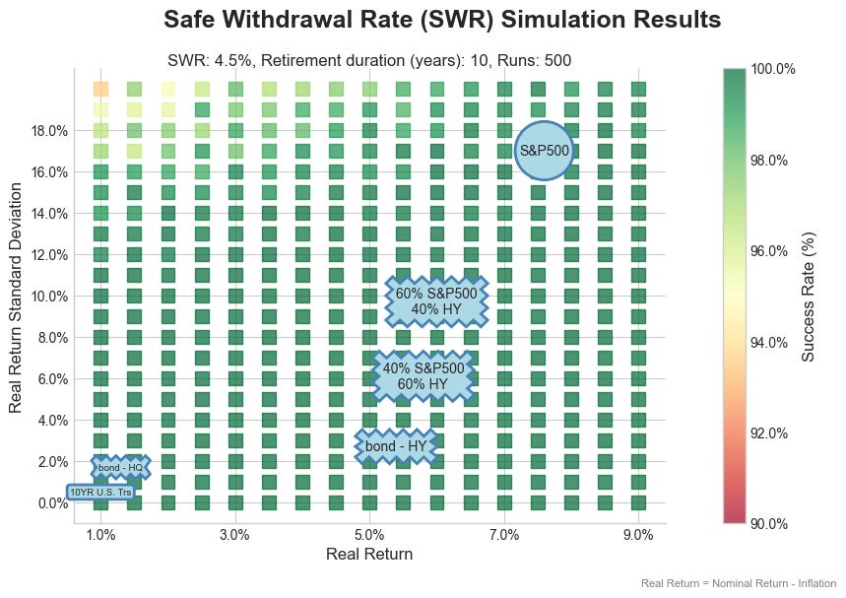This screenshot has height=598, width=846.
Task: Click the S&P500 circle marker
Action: click(x=544, y=151)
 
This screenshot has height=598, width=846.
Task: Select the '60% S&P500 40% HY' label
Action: click(x=435, y=300)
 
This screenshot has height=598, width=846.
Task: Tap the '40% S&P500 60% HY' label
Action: click(x=423, y=375)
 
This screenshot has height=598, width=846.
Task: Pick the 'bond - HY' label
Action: click(x=395, y=446)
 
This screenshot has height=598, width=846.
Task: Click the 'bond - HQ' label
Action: click(x=120, y=467)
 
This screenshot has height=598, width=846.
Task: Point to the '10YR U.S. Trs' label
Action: click(x=99, y=492)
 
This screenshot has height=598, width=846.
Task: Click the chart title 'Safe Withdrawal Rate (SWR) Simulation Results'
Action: click(x=441, y=20)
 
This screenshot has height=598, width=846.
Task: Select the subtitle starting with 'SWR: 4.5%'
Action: click(x=369, y=61)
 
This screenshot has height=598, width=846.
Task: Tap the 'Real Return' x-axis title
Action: click(x=369, y=555)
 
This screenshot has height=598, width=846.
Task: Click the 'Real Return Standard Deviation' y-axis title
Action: click(x=16, y=295)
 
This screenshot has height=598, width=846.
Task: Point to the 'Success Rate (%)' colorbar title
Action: click(x=808, y=295)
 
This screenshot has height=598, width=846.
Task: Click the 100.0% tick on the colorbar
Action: click(x=771, y=69)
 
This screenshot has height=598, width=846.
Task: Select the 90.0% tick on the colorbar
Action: click(x=771, y=524)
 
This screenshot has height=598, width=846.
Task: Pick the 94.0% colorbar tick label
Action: click(x=771, y=343)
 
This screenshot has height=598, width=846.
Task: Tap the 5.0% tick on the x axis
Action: click(x=369, y=535)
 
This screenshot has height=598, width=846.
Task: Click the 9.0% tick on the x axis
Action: click(x=638, y=535)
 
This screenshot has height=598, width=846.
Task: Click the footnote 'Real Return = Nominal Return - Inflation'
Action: click(x=739, y=584)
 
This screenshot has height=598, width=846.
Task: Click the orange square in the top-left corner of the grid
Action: click(x=100, y=89)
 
